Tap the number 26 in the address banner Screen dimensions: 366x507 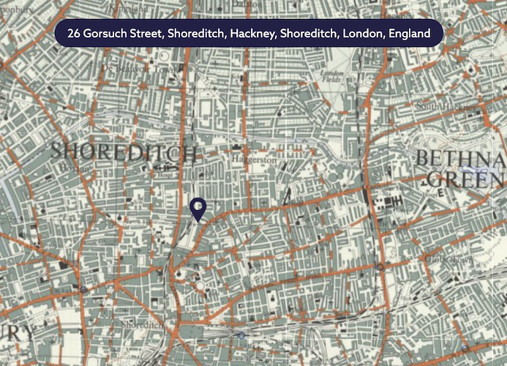point(73,34)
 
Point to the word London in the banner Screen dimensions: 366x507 point(357,34)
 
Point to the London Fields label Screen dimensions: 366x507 point(332,77)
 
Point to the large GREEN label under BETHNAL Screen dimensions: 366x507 point(465,179)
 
